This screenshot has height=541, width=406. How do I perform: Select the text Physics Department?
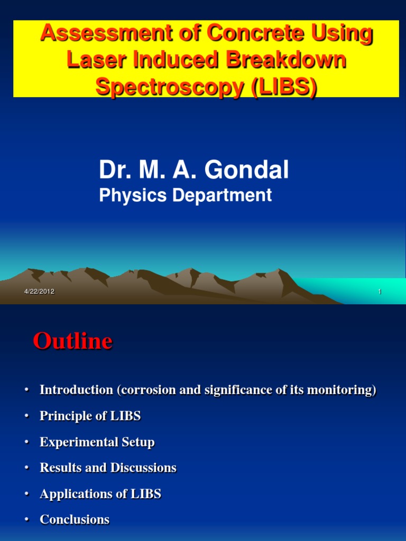pos(185,195)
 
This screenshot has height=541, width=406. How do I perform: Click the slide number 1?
pos(380,292)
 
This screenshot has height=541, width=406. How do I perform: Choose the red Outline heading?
pos(72,341)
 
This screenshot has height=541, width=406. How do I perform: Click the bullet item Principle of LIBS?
pos(90,416)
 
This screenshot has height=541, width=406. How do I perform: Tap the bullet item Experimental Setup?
pos(97,442)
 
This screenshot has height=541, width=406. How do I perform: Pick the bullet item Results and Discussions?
pos(108,468)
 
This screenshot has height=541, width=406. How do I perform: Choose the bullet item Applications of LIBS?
pos(100,494)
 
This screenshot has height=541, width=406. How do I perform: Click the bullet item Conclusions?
pos(75,520)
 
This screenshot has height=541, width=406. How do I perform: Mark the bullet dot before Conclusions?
pos(26,520)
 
